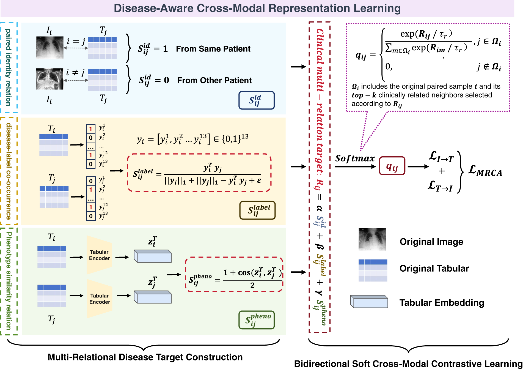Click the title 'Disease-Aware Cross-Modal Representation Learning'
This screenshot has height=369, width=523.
tap(257, 8)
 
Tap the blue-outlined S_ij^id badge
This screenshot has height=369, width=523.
tap(256, 100)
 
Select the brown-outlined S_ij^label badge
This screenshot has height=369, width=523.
tap(257, 210)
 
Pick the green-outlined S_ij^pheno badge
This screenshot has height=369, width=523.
tap(257, 320)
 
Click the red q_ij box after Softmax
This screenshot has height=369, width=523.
tap(392, 166)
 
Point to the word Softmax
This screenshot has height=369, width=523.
tap(355, 158)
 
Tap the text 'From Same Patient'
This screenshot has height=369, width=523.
tap(213, 49)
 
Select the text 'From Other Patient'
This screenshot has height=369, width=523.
tap(214, 80)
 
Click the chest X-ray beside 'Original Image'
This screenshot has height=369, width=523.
tap(372, 239)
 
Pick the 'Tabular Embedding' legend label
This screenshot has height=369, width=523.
tap(442, 303)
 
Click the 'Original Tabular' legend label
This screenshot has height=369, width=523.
tap(434, 268)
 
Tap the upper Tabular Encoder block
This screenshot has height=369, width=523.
tap(99, 255)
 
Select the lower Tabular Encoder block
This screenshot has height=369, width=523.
tap(99, 299)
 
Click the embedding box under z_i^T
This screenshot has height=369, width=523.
tap(153, 256)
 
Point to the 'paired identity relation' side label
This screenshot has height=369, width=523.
tap(9, 67)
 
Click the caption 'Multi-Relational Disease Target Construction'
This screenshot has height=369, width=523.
tap(145, 357)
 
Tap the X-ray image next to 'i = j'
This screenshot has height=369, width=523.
tap(49, 48)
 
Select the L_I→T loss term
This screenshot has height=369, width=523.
tap(441, 157)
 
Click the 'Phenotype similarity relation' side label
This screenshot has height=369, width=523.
tap(9, 281)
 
